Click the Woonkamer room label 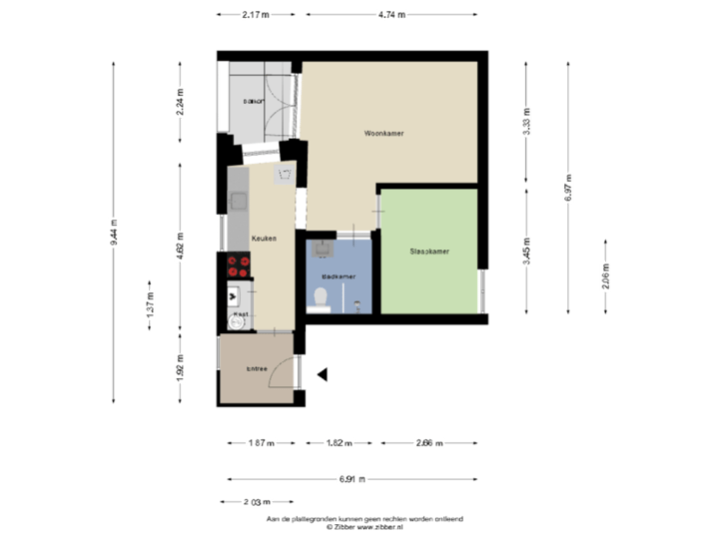[383, 133]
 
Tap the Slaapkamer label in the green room [429, 252]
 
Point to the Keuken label [264, 239]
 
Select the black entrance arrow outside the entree [322, 375]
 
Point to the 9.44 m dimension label [114, 232]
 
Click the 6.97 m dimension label [567, 187]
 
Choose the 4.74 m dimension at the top [391, 15]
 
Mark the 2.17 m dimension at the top [255, 15]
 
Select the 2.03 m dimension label [257, 501]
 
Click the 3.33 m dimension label [526, 123]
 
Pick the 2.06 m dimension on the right [606, 276]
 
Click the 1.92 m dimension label [181, 371]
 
